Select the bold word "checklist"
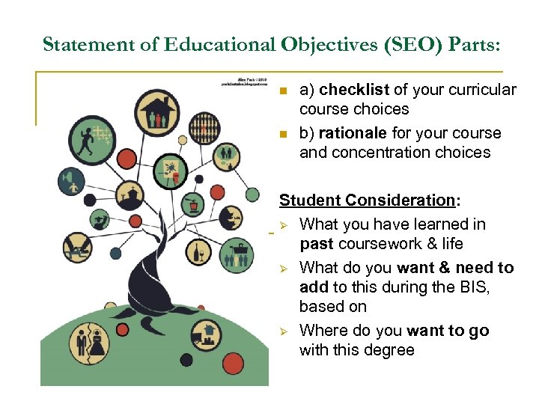click(353, 90)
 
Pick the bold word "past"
click(317, 244)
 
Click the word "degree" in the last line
click(387, 350)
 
